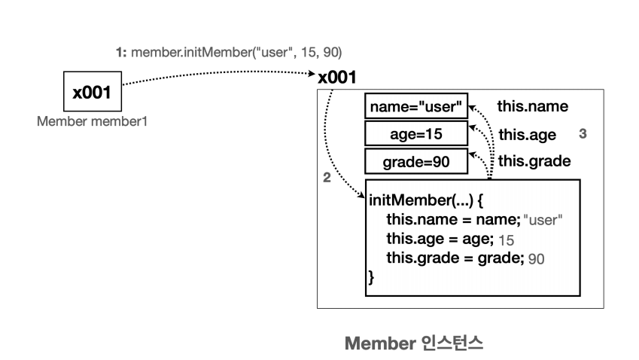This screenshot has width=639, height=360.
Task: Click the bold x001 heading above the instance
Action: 337,78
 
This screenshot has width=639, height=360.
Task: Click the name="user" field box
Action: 415,107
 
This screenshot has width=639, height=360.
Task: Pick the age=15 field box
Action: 415,134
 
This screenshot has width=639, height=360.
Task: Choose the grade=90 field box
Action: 415,161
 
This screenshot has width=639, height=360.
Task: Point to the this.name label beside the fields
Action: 533,107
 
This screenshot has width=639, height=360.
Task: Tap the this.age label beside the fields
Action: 527,135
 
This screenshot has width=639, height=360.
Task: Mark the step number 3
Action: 583,133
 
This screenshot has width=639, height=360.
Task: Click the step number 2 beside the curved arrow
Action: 326,178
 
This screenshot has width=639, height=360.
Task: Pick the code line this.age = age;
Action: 440,239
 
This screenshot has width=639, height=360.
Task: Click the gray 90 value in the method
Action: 536,259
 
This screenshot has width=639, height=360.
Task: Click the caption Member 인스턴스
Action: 413,343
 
